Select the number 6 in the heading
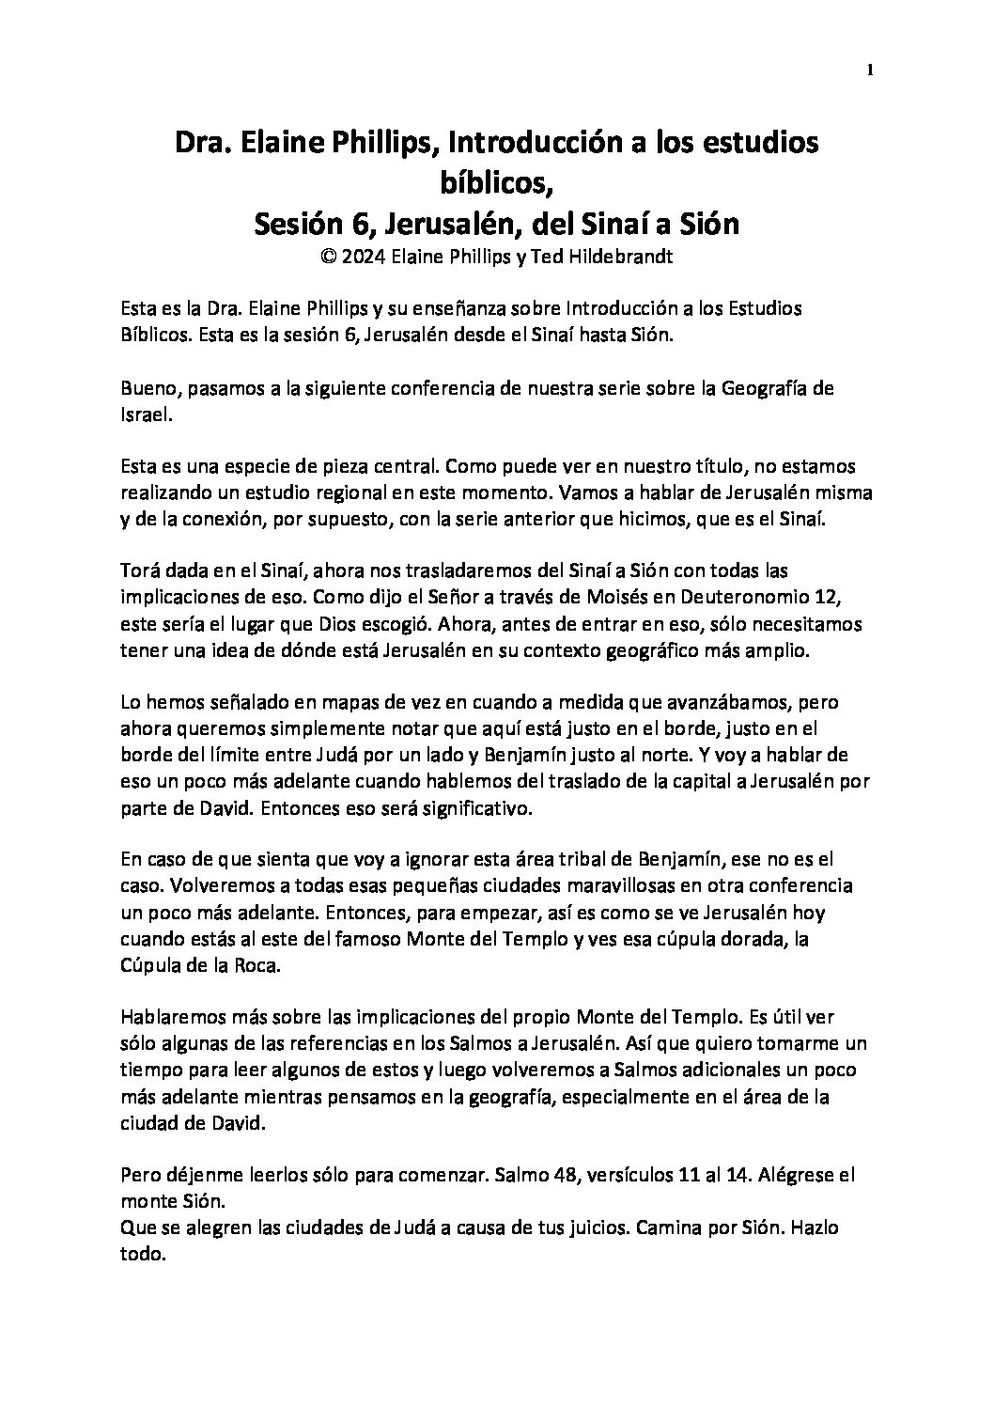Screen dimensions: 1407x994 click(339, 225)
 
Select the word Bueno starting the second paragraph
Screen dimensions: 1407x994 click(147, 388)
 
